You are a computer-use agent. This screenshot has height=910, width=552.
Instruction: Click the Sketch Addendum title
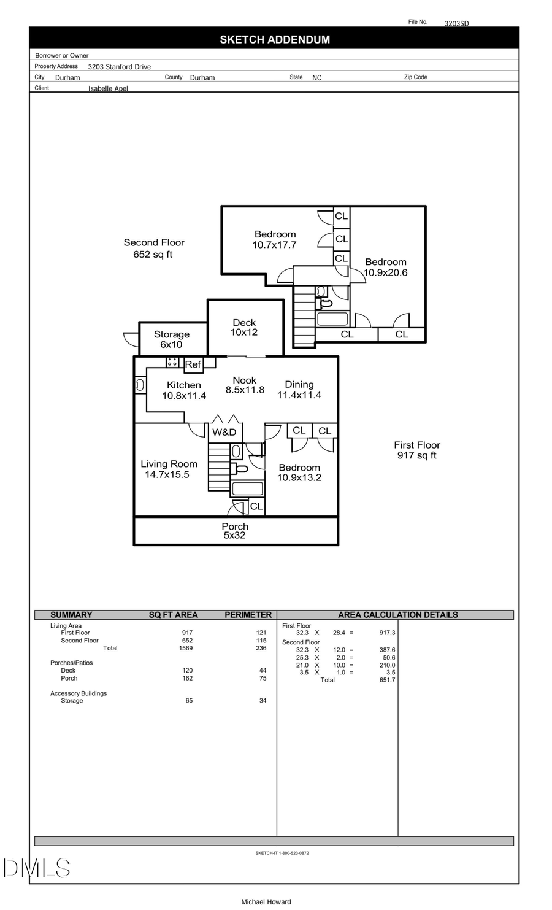click(x=275, y=40)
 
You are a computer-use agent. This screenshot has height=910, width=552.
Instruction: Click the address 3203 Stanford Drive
click(x=119, y=67)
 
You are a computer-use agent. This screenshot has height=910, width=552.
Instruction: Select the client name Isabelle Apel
click(x=108, y=88)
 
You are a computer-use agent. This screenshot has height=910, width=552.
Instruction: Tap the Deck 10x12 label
click(x=244, y=327)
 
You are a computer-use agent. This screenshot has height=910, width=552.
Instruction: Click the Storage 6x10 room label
click(x=172, y=339)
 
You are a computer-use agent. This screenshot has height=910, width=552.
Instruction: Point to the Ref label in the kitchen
click(x=193, y=364)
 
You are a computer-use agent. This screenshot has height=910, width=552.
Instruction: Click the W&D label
click(x=224, y=432)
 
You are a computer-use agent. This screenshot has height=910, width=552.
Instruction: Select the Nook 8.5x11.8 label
click(x=245, y=385)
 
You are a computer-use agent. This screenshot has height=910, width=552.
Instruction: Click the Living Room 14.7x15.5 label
click(x=169, y=469)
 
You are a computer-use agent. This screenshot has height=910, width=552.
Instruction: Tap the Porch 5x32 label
click(x=235, y=531)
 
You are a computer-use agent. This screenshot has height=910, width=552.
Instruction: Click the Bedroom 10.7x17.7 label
click(x=275, y=239)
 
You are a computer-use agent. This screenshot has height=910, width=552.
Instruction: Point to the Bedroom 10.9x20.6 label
click(x=385, y=268)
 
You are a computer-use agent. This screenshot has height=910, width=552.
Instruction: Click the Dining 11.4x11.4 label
click(x=299, y=390)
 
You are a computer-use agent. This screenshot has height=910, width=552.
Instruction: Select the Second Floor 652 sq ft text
click(x=153, y=248)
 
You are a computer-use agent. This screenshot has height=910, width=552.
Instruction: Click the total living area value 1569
click(x=185, y=648)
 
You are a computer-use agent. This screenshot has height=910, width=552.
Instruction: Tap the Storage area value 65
click(x=189, y=700)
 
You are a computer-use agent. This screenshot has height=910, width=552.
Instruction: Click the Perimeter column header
click(x=248, y=615)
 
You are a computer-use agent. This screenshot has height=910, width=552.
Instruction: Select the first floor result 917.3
click(x=387, y=633)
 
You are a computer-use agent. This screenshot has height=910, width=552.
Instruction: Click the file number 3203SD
click(x=456, y=23)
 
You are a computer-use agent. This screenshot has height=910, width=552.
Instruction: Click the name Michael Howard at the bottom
click(x=266, y=901)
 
